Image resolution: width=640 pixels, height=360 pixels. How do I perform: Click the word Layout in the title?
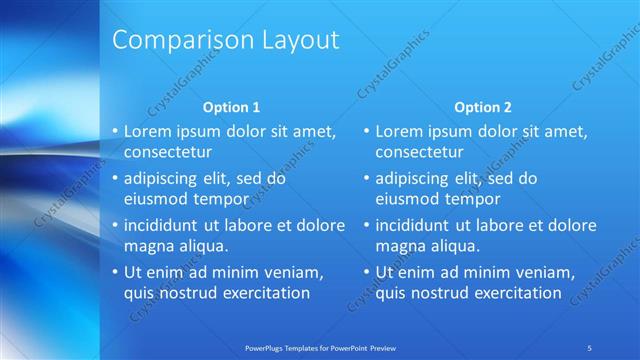tap(297, 40)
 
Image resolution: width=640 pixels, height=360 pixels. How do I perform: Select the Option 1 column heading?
tap(231, 107)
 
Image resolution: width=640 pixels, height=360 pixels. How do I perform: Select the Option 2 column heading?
tap(482, 107)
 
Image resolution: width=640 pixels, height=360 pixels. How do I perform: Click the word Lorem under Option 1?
tap(149, 131)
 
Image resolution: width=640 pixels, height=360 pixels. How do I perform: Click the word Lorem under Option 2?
tap(400, 131)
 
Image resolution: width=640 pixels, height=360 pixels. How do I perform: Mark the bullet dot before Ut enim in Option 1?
tap(115, 272)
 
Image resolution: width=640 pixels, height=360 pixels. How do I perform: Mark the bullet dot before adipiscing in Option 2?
tap(366, 178)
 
